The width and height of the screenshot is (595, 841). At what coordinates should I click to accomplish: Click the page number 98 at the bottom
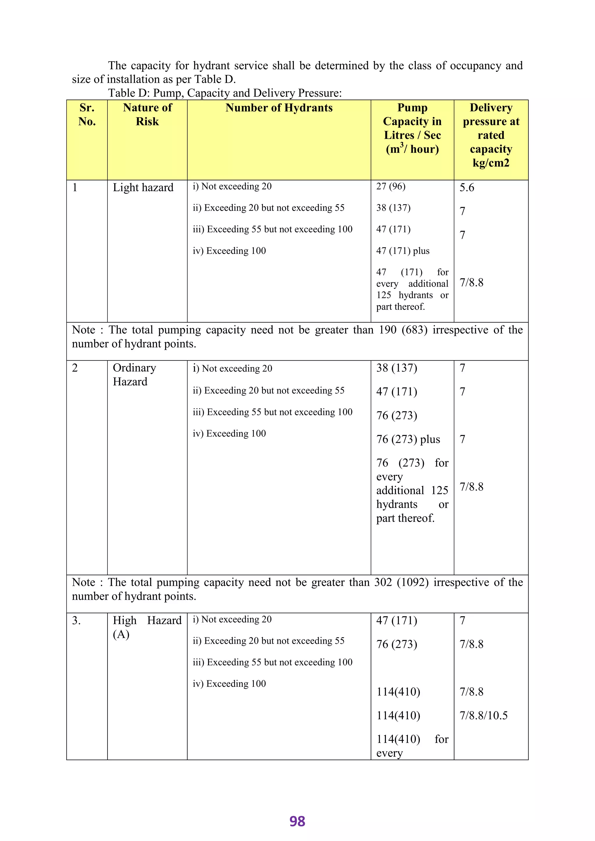tap(297, 821)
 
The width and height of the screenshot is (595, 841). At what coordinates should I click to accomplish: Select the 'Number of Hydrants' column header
tap(279, 108)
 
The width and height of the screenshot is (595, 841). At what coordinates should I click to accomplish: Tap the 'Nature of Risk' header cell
tap(147, 114)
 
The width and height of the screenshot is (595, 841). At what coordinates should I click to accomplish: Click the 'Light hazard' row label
tap(143, 188)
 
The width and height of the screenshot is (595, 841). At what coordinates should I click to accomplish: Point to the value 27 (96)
tap(390, 186)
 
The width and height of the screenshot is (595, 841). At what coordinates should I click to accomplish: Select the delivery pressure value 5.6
tap(467, 188)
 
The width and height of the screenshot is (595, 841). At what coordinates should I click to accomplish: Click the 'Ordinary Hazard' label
tap(134, 374)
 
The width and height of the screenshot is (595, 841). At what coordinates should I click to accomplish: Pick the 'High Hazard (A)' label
tap(147, 627)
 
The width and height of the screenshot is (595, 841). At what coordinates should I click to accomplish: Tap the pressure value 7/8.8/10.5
tap(484, 715)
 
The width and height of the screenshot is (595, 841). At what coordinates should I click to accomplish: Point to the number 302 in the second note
tap(383, 583)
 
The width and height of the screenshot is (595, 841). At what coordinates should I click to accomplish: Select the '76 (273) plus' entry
tap(408, 439)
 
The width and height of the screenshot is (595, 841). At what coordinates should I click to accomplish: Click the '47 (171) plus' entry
tap(403, 251)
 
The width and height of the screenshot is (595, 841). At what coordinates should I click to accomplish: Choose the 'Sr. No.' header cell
tap(87, 114)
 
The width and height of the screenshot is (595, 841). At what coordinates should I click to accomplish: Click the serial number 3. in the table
tap(76, 621)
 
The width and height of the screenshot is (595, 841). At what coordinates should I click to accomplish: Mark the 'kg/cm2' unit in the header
tap(491, 163)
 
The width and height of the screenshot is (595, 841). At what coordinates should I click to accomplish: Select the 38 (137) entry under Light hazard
tap(393, 208)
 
